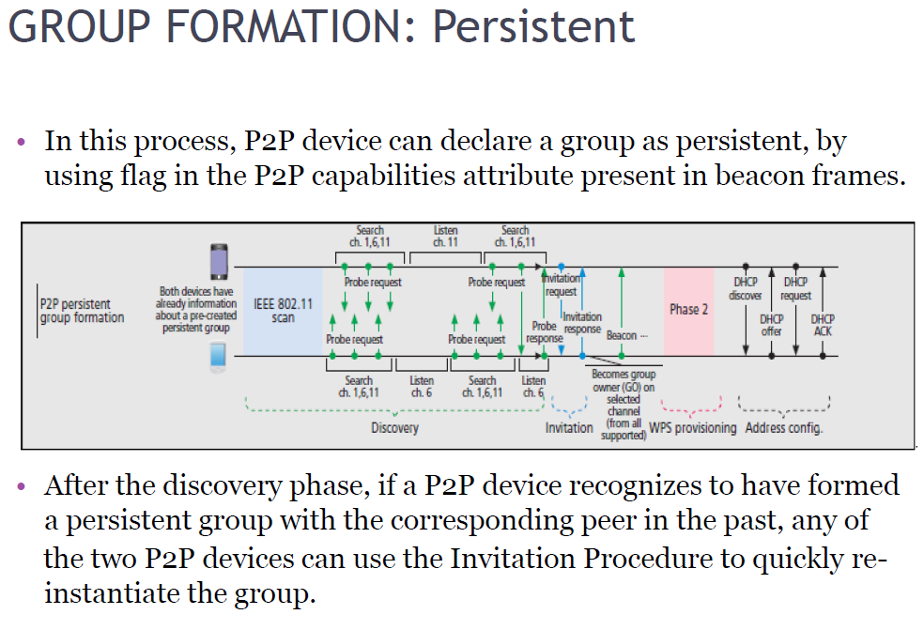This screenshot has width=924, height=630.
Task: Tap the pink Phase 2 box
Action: (689, 310)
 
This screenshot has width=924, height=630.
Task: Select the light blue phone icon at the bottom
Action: (218, 358)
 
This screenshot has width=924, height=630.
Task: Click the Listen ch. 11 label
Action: (446, 236)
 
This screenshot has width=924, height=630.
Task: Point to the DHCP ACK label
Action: (822, 325)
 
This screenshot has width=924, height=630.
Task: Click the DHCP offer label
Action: (771, 325)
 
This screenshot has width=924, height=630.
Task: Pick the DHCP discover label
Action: (746, 288)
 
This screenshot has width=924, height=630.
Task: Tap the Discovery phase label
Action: (394, 428)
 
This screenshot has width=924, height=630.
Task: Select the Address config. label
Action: (784, 429)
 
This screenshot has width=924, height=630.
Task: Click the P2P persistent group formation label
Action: (82, 311)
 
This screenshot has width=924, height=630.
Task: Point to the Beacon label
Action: (624, 335)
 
